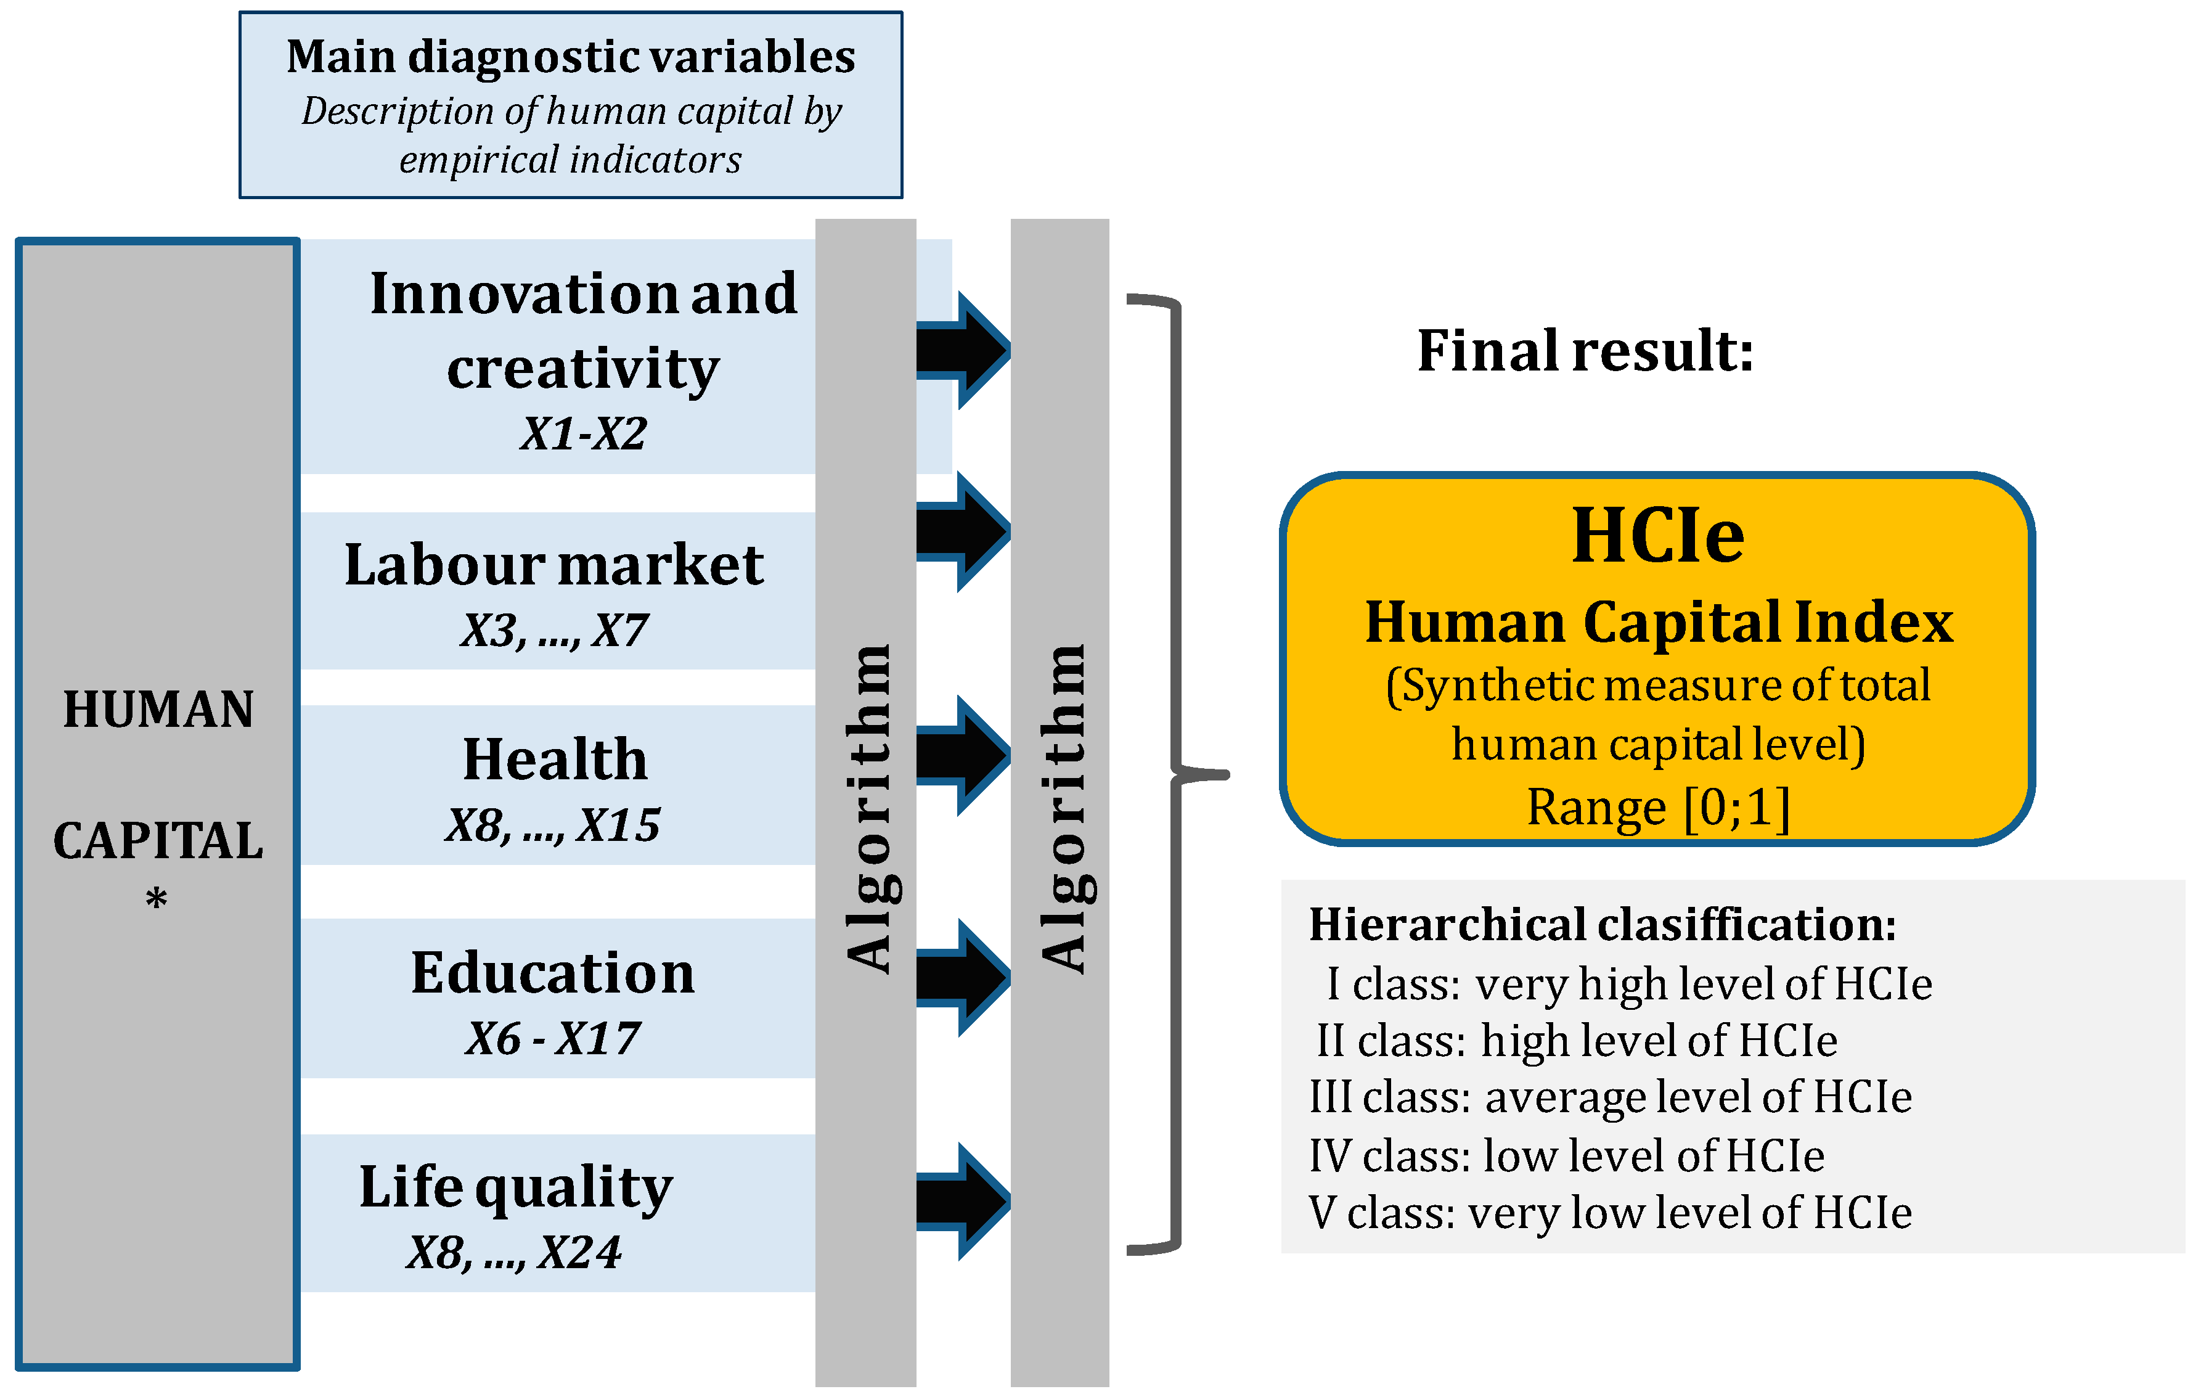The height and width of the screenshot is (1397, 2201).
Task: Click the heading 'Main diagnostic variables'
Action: [x=570, y=57]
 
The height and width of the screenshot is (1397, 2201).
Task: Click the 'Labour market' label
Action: [x=554, y=564]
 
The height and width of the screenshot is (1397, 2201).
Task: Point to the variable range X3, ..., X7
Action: [x=554, y=630]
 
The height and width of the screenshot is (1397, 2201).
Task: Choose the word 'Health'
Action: [x=555, y=759]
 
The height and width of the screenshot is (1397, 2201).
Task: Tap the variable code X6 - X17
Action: [x=553, y=1039]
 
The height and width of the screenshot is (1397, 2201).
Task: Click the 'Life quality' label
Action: [x=515, y=1187]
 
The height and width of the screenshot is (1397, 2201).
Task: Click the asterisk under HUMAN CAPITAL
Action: [x=157, y=899]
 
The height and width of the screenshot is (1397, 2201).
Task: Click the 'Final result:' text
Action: [x=1585, y=350]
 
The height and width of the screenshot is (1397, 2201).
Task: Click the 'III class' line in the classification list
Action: [x=1610, y=1096]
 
